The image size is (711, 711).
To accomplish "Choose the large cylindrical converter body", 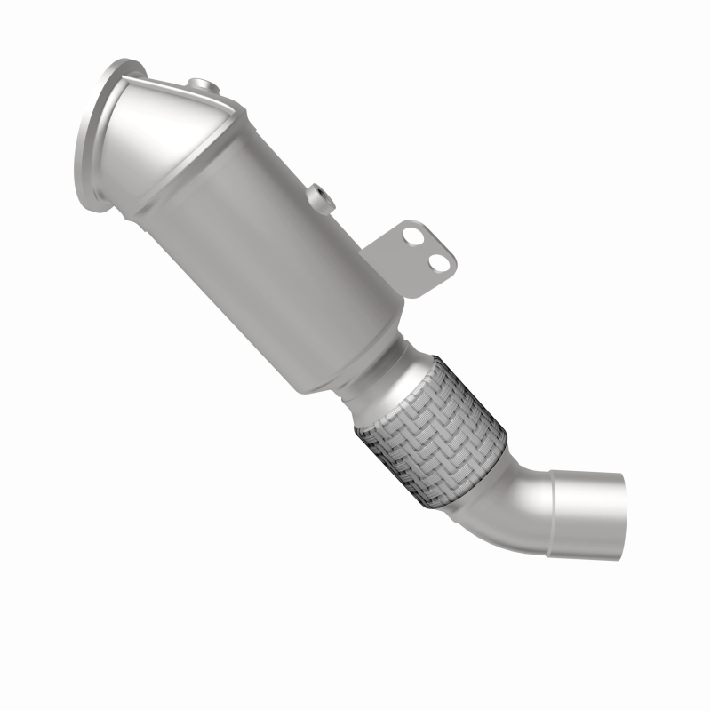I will (293, 267).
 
